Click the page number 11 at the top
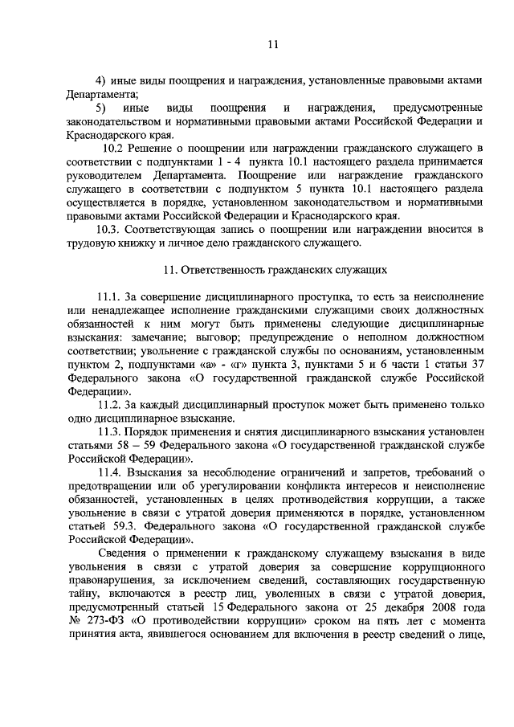[272, 46]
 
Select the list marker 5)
[102, 108]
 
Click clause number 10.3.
[108, 230]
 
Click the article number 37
[477, 366]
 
